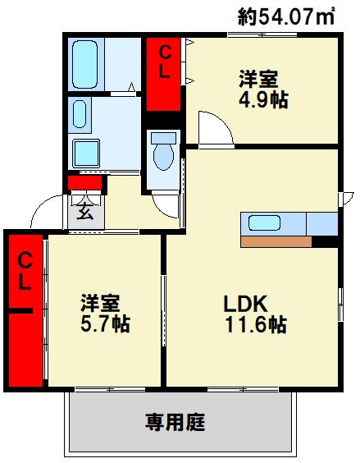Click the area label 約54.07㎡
286,16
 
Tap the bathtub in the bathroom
85,64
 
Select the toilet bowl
164,157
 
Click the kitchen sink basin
264,223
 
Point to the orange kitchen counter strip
276,241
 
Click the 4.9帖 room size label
263,100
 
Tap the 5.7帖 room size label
105,324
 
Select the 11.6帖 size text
256,324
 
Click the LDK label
245,304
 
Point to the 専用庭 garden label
175,422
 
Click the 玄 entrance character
85,212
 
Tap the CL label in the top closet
165,63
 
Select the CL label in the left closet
25,271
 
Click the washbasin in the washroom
80,114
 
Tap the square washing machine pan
86,154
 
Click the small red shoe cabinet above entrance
85,183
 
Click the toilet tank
163,138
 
